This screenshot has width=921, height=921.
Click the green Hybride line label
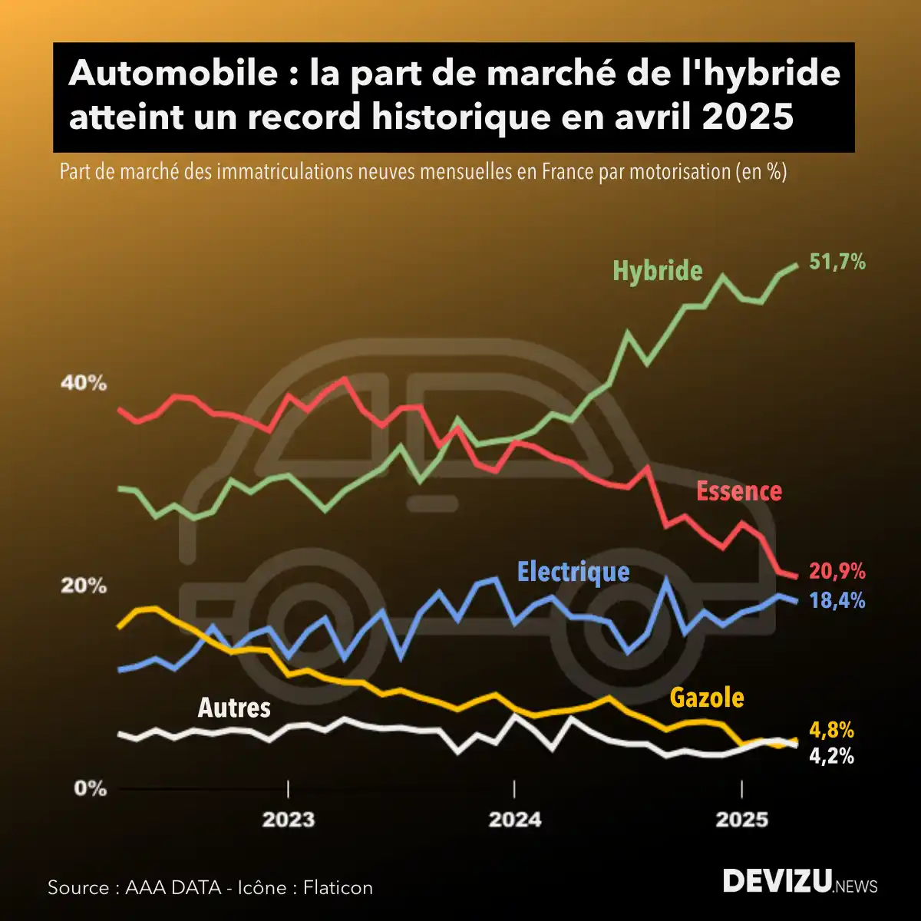tap(657, 271)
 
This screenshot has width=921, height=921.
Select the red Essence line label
tap(738, 491)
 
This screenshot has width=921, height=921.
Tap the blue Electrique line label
tap(573, 572)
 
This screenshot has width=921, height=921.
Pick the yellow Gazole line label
tap(706, 697)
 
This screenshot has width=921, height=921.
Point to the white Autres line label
tap(234, 707)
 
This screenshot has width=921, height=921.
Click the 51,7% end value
tap(837, 262)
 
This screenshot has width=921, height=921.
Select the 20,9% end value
tap(837, 572)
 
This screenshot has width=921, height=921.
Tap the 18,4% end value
tap(837, 600)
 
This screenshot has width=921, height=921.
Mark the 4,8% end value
tap(831, 730)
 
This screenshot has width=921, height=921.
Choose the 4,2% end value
tap(831, 756)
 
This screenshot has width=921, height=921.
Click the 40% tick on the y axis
tap(84, 384)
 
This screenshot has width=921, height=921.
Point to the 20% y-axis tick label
tap(84, 586)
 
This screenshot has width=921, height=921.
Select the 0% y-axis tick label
tap(90, 789)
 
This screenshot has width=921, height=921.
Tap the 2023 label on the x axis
tap(289, 820)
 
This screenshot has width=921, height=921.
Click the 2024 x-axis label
tap(514, 820)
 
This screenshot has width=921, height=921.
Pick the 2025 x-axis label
tap(741, 820)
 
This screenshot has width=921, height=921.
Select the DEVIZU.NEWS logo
tap(800, 883)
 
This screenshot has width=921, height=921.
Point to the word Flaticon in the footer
tap(338, 888)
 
